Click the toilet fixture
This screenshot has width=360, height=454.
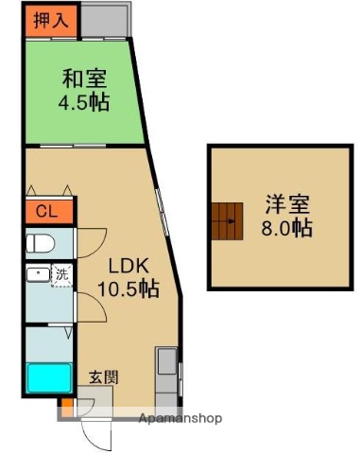39,243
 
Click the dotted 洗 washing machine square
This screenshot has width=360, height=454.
61,276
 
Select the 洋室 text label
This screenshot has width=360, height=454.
288,203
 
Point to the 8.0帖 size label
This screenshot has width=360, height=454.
288,228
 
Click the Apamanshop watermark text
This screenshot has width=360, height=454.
179,418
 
